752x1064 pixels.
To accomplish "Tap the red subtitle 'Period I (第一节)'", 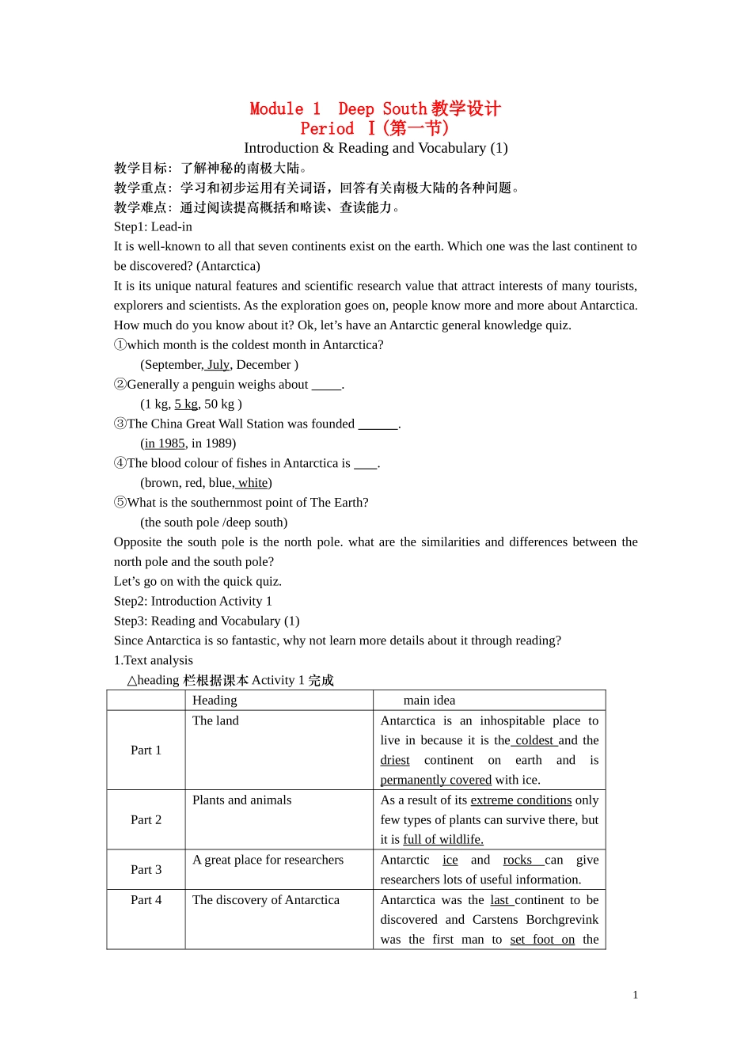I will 374,128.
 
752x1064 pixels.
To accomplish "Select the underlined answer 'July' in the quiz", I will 218,365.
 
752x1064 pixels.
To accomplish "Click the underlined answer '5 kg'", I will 186,405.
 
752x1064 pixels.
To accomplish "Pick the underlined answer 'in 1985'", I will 164,444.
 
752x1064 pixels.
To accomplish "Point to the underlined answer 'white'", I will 253,483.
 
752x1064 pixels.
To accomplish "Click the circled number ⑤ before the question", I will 120,503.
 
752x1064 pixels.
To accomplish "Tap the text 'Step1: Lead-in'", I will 153,227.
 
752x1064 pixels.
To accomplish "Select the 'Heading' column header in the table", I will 215,701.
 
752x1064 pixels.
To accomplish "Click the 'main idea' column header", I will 429,701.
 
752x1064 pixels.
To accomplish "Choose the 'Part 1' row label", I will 146,750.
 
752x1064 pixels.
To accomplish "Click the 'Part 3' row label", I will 146,870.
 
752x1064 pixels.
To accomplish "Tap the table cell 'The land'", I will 215,721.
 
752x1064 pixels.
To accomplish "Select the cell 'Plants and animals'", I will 241,800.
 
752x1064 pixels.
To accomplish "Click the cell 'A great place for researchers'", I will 268,861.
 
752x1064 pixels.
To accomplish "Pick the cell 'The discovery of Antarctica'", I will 265,900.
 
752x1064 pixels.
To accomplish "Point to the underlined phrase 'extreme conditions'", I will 521,800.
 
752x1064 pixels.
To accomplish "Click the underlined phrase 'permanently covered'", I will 435,781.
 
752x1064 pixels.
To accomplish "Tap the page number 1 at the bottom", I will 635,995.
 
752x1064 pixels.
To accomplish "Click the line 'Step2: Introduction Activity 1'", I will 192,602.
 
